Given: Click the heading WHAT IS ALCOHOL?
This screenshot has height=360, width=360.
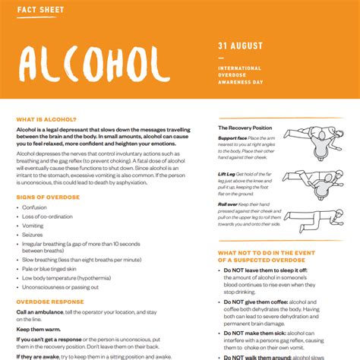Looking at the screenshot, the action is click(46, 119).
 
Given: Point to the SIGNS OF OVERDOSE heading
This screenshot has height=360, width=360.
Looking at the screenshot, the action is click(48, 197).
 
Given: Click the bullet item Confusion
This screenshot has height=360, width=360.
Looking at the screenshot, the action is click(35, 207).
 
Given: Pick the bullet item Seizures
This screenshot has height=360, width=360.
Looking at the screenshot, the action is click(33, 235).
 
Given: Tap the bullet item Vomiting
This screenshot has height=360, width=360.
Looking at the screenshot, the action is click(34, 226).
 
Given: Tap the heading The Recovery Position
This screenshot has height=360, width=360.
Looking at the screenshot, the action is click(245, 128).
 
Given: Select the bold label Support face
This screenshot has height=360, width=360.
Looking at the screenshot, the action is click(232, 138).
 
